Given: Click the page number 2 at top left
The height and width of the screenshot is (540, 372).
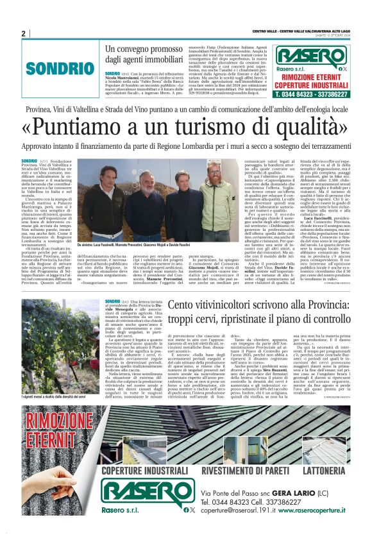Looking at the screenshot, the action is click(x=23, y=33).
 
